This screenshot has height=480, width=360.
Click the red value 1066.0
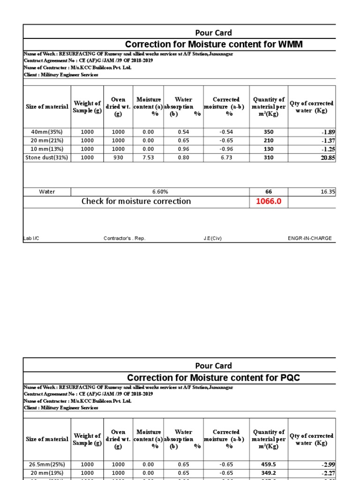point(268,202)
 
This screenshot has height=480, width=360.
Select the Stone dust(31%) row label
point(47,157)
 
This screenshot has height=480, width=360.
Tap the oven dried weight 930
point(118,157)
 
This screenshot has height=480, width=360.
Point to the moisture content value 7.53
point(148,157)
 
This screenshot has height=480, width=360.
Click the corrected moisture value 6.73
point(226,157)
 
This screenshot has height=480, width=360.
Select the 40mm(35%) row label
point(47,132)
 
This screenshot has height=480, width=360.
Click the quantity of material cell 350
point(269,132)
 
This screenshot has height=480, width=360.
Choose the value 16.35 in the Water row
point(328,192)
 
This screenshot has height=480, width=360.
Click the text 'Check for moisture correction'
point(136,202)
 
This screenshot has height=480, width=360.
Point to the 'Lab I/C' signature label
point(31,238)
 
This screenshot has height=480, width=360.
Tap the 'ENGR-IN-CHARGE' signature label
point(309,238)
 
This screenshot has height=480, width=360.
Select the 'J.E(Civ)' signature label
point(212,238)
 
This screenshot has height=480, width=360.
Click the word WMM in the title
point(291,45)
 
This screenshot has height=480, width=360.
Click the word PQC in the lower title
point(289,378)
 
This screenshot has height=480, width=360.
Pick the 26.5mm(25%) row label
point(47,465)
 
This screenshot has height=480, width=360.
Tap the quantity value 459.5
point(269,465)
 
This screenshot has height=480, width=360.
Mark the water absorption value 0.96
point(183,149)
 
